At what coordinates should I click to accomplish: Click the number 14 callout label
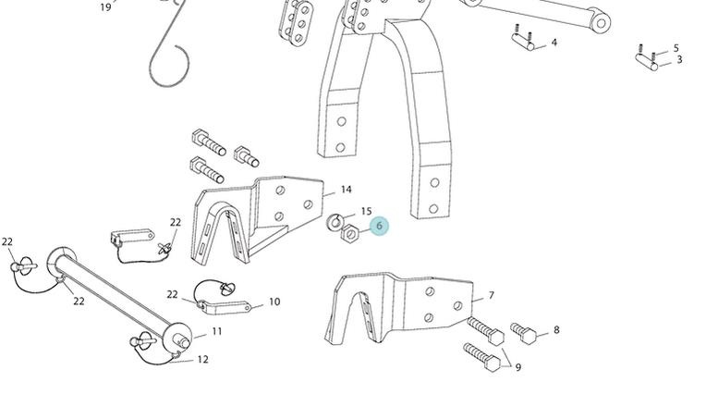point(346,190)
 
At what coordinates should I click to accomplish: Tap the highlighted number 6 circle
point(379,226)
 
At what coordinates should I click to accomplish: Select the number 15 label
point(366,212)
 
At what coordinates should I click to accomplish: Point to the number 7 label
point(492,296)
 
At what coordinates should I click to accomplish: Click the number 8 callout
point(556,329)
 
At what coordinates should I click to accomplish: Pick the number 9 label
point(518,367)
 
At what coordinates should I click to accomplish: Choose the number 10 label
point(274,302)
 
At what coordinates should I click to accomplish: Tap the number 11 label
point(217,331)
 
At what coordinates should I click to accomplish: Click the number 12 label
point(202,360)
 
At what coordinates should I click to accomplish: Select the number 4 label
point(554,43)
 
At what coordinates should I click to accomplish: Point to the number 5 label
point(676,48)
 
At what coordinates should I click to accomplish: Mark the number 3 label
point(679,60)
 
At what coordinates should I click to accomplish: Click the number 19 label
point(105,7)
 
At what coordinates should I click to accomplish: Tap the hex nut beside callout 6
point(350,234)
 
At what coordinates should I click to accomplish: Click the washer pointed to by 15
point(337,221)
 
